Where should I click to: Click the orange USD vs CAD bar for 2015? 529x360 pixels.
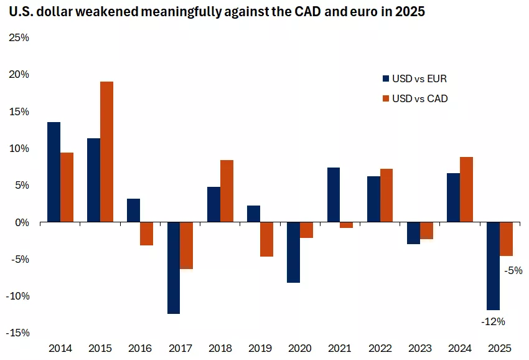point(106,152)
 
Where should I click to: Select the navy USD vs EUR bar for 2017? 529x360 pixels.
point(173,268)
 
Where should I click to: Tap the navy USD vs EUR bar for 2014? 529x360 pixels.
point(54,172)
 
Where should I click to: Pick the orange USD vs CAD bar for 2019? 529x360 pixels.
point(266,239)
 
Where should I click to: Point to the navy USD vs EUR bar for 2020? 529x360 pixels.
point(293,252)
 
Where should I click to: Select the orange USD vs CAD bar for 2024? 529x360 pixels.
point(466,189)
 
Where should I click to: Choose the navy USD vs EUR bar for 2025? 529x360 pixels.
point(493,266)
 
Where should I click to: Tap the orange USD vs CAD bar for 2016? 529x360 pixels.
point(146,234)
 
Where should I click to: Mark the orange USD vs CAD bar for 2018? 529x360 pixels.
point(227,191)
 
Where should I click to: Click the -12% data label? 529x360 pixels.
point(493,321)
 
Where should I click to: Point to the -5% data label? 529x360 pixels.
point(514,270)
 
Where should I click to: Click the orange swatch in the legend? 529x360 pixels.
point(385,98)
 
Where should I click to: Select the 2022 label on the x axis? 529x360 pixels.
point(380,348)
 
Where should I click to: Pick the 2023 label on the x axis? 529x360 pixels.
point(419,348)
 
